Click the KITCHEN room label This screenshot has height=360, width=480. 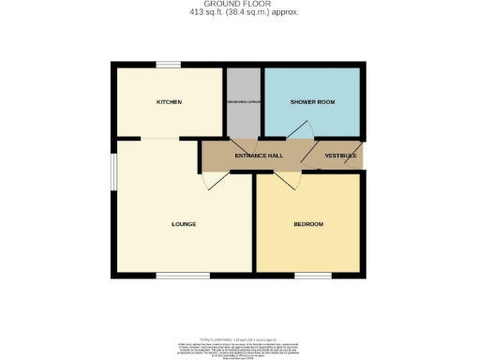pos(169,101)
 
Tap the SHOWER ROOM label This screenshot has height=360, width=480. pos(313,101)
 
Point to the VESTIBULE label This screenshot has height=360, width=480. pos(339,155)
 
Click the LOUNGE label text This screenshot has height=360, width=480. pos(184,224)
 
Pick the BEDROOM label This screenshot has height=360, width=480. pos(308,224)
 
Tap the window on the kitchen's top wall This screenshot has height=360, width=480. pos(169,64)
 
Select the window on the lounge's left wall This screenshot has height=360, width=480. pos(113,172)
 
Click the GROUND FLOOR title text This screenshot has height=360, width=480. pos(240,5)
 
